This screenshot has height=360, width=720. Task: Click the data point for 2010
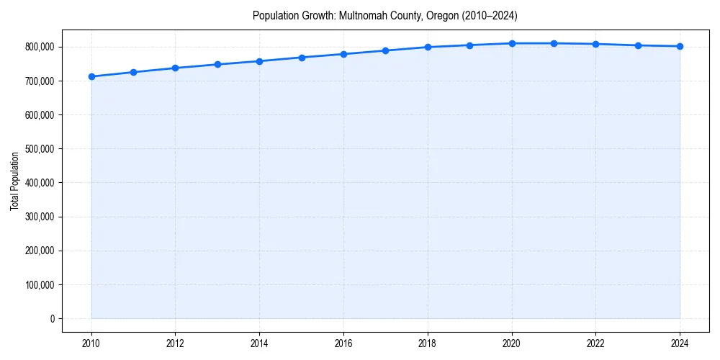point(91,76)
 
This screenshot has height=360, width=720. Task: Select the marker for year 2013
point(217,64)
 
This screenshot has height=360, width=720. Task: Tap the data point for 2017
point(386,50)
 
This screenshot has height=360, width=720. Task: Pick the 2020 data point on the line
point(512,43)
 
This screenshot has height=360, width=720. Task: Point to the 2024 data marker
point(680,46)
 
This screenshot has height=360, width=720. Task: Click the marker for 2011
point(133,72)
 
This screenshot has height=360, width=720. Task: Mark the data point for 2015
point(302,58)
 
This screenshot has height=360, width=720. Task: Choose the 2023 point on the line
point(638,45)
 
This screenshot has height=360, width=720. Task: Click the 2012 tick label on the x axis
point(176,343)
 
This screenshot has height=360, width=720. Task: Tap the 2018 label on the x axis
point(428,343)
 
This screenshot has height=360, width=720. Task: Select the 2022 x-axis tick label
point(596,343)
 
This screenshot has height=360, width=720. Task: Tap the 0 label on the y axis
point(53,318)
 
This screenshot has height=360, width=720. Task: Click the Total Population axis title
point(14,181)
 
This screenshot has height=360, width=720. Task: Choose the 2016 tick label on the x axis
point(343,343)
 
